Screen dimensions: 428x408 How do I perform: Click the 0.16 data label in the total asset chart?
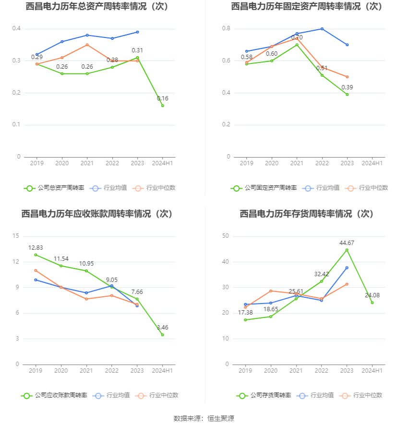click(x=163, y=98)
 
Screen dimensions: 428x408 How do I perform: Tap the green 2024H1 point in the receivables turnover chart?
click(x=162, y=335)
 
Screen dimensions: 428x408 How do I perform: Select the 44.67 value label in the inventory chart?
click(x=347, y=243)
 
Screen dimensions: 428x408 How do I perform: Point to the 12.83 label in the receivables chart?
click(x=36, y=248)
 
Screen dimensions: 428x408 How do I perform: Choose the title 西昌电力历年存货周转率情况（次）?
click(x=306, y=214)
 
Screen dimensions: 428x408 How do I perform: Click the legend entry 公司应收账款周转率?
click(x=54, y=395)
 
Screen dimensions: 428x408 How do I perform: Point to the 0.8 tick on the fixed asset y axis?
click(x=226, y=29)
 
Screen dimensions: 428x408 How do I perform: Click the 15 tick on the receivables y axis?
click(x=16, y=236)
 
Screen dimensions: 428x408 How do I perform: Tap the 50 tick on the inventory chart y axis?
click(x=226, y=236)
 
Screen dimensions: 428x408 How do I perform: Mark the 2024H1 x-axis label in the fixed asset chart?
click(x=372, y=163)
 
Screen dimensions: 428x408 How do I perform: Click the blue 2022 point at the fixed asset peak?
click(x=322, y=29)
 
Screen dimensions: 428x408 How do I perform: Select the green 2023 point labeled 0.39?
click(x=347, y=94)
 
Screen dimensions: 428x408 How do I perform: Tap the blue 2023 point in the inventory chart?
click(x=347, y=268)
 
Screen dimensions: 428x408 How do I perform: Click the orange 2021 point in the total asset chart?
click(x=87, y=45)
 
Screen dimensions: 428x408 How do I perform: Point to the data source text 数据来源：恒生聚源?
click(x=204, y=418)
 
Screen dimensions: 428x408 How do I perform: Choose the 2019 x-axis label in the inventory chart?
click(x=245, y=371)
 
